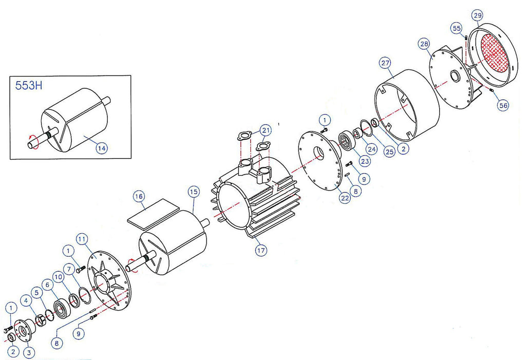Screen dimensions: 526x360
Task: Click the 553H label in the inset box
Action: [29, 86]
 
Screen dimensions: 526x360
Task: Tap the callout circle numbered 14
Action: [102, 148]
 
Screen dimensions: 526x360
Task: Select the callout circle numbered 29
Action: [477, 15]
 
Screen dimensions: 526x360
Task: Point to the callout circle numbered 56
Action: [503, 105]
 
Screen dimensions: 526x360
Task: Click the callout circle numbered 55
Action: [457, 28]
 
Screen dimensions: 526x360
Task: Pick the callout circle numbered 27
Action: [386, 63]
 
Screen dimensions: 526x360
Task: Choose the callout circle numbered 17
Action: [261, 250]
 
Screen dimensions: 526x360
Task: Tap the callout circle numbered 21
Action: [266, 130]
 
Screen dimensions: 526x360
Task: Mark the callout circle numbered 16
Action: [139, 196]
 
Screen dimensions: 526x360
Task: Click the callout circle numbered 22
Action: [345, 198]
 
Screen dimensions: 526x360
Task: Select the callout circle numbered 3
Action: [29, 353]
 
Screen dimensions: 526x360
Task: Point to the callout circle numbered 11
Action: [82, 239]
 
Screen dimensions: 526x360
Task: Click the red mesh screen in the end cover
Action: [495, 54]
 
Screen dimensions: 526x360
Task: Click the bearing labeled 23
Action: [346, 140]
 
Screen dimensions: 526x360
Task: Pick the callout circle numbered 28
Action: [424, 44]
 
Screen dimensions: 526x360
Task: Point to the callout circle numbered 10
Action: [59, 277]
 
